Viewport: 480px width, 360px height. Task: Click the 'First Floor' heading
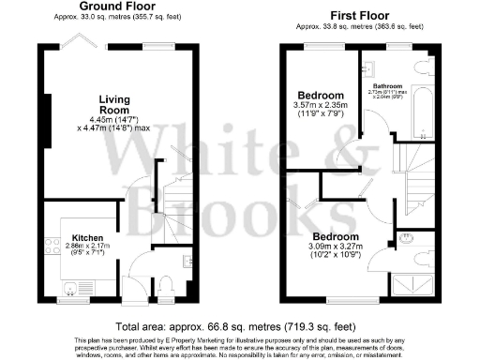(356, 16)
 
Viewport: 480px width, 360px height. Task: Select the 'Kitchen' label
(87, 239)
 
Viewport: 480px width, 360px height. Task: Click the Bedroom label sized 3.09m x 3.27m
(336, 236)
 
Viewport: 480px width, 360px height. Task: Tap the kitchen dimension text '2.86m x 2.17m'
(87, 249)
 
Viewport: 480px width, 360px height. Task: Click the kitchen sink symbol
(69, 286)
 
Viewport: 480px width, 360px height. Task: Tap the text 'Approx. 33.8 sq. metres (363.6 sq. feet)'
(356, 27)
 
